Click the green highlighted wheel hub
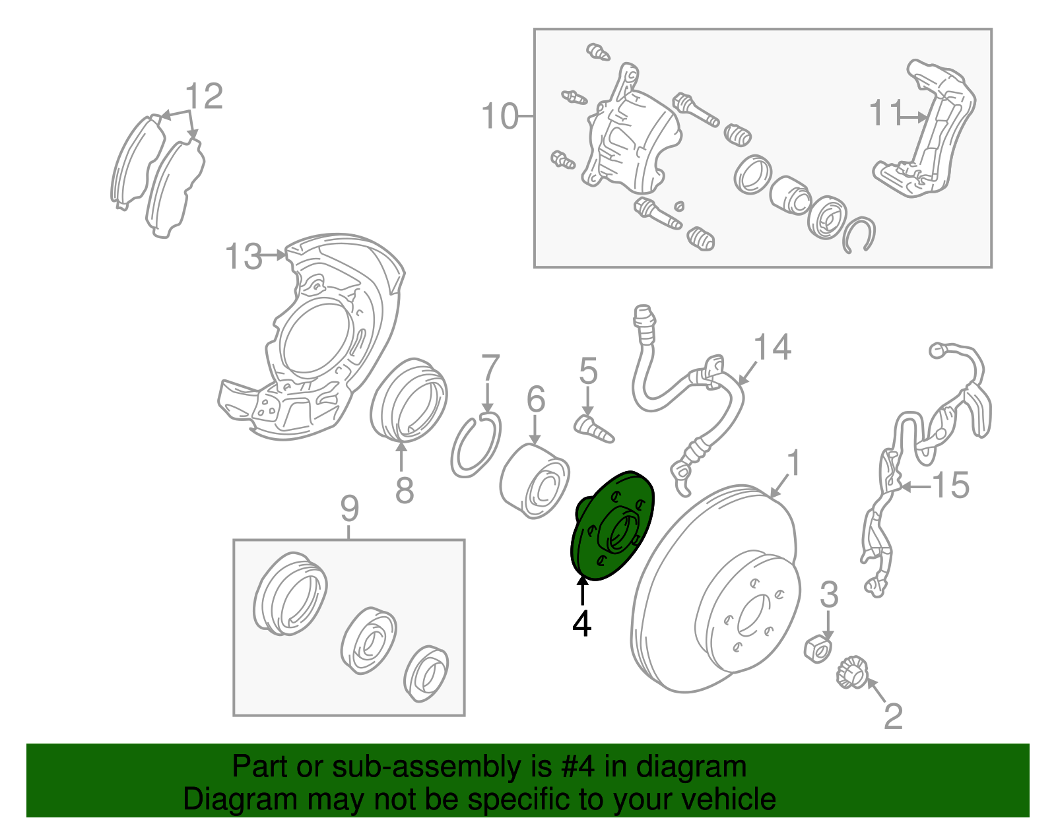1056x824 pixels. [x=613, y=525]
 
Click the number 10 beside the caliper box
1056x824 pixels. [x=500, y=116]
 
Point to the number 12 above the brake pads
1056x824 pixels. [x=204, y=96]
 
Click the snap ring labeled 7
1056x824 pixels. [x=475, y=445]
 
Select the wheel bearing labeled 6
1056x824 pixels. [x=535, y=481]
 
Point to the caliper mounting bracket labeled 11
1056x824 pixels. [x=923, y=129]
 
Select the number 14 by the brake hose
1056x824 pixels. [x=772, y=347]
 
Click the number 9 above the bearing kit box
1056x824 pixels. [x=349, y=509]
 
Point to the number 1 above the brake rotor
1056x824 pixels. [x=793, y=462]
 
